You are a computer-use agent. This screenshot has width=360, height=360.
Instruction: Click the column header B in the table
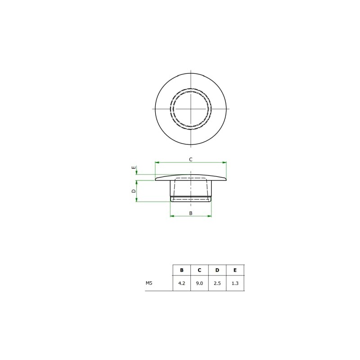tap(182, 270)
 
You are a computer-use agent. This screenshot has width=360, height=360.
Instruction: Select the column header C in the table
tap(199, 270)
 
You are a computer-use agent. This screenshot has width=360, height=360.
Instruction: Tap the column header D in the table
tap(217, 270)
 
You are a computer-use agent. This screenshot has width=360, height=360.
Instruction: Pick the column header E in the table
tap(235, 270)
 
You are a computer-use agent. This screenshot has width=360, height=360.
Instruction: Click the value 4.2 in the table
tap(182, 283)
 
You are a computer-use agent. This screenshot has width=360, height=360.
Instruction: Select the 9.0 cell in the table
tap(199, 283)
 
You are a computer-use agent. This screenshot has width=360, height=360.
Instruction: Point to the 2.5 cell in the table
tap(217, 283)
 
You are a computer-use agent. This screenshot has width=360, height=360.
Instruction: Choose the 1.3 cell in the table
tap(235, 283)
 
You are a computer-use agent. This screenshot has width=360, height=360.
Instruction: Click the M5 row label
tap(149, 283)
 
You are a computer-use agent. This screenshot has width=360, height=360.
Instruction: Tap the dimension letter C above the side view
tap(190, 160)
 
